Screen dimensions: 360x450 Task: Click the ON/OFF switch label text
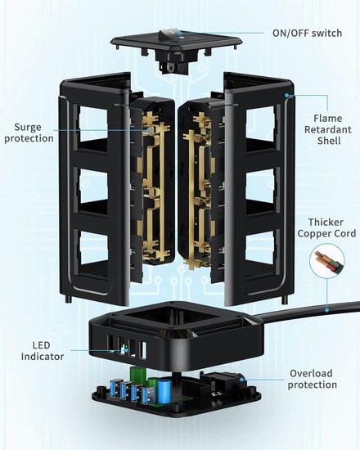pyautogui.click(x=307, y=33)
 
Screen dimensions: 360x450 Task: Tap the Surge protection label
pyautogui.click(x=29, y=133)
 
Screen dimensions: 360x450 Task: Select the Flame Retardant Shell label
pyautogui.click(x=328, y=129)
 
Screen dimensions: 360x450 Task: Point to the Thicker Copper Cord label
pyautogui.click(x=326, y=227)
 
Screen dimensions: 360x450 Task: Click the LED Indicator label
pyautogui.click(x=43, y=351)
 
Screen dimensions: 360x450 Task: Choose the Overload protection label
pyautogui.click(x=313, y=379)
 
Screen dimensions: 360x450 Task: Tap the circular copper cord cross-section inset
pyautogui.click(x=327, y=261)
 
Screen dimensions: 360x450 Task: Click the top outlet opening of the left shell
pyautogui.click(x=93, y=124)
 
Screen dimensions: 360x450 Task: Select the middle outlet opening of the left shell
pyautogui.click(x=93, y=186)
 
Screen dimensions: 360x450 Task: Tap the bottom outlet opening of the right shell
pyautogui.click(x=261, y=247)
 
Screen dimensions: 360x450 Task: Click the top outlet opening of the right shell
pyautogui.click(x=260, y=124)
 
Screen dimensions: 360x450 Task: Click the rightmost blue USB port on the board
pyautogui.click(x=146, y=394)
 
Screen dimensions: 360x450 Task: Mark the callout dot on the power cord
pyautogui.click(x=327, y=310)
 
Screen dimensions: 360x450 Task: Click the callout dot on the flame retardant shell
pyautogui.click(x=286, y=95)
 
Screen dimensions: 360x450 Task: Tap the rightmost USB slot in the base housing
pyautogui.click(x=142, y=350)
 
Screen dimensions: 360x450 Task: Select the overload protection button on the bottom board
pyautogui.click(x=241, y=380)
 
